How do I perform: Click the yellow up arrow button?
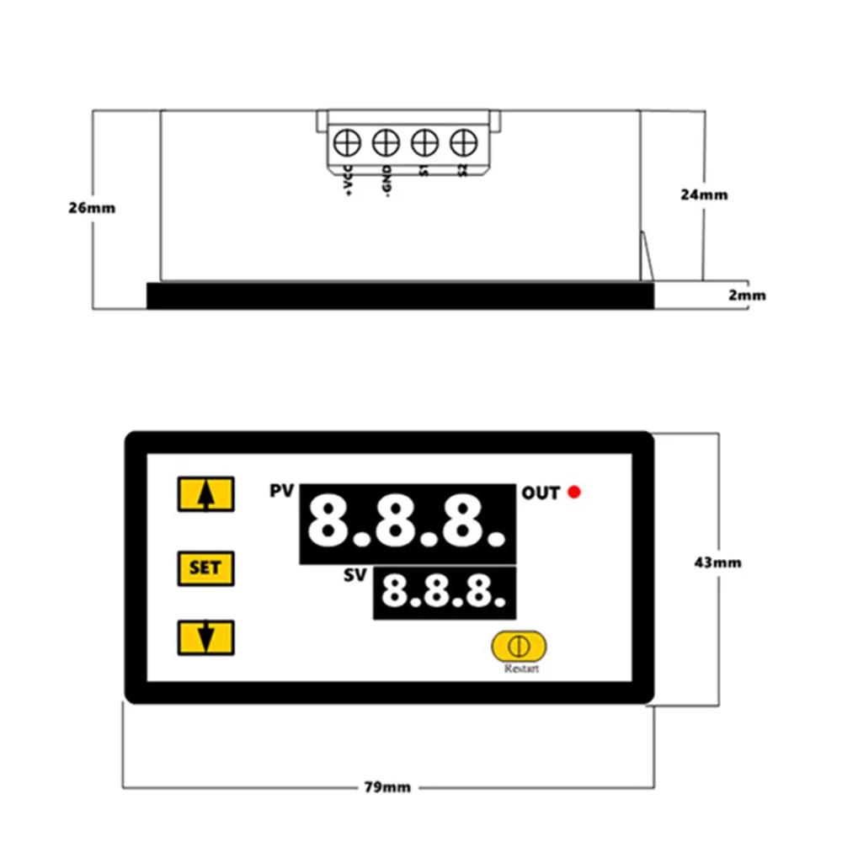[205, 494]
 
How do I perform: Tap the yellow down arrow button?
[205, 637]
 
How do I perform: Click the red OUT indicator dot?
[575, 493]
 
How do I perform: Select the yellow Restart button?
[519, 646]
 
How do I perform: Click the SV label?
[357, 577]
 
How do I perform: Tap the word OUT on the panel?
[541, 493]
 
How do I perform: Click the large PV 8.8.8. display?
[408, 523]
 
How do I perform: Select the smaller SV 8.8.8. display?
[445, 592]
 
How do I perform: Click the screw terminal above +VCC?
[347, 142]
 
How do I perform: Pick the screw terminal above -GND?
[385, 142]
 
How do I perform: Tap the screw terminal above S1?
[424, 142]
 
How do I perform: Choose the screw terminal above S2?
[462, 142]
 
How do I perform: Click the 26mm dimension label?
[92, 208]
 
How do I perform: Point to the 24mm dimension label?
[704, 195]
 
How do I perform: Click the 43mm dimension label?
[717, 562]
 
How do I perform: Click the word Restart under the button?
[521, 669]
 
